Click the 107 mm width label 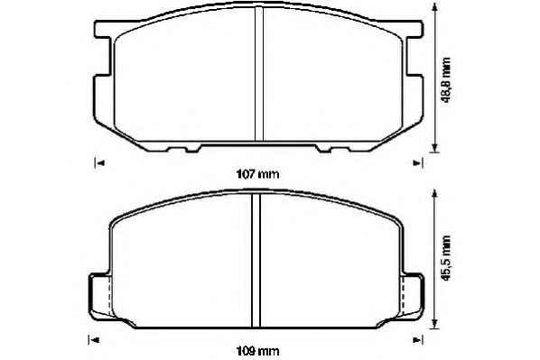(x=257, y=174)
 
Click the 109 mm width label (x=257, y=351)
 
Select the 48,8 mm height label (x=446, y=80)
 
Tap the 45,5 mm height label (x=446, y=258)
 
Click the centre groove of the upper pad (x=259, y=74)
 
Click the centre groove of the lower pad (x=256, y=260)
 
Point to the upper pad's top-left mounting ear (x=103, y=29)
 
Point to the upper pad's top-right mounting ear (x=414, y=29)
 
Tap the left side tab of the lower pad (x=100, y=295)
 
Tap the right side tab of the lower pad (x=413, y=295)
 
